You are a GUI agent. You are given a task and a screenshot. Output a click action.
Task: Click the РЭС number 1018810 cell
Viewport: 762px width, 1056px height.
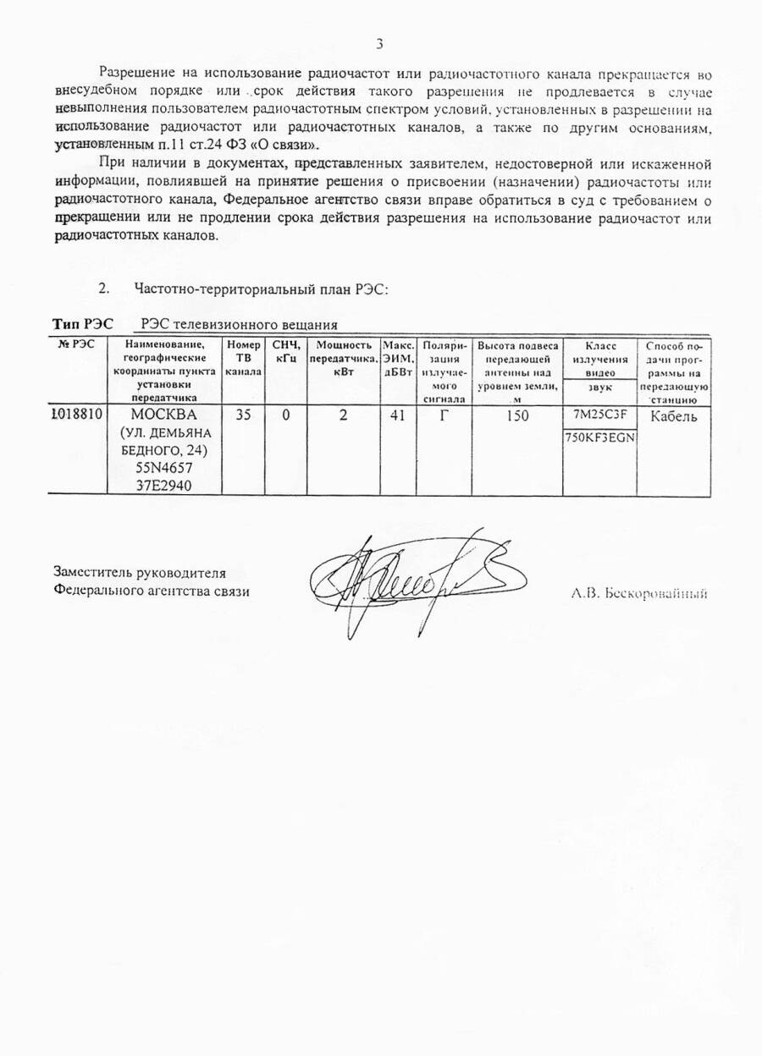pyautogui.click(x=78, y=415)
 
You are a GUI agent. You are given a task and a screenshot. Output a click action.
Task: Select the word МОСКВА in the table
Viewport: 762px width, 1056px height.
pyautogui.click(x=164, y=415)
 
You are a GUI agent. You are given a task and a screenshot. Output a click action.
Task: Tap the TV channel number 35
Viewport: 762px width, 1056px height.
pyautogui.click(x=244, y=415)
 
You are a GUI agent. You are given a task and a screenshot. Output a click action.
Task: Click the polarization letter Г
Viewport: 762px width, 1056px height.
pyautogui.click(x=444, y=415)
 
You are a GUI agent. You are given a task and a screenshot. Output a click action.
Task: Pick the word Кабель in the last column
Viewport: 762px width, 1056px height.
pyautogui.click(x=674, y=416)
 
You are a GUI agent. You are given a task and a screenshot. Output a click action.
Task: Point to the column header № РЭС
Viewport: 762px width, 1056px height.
pyautogui.click(x=77, y=345)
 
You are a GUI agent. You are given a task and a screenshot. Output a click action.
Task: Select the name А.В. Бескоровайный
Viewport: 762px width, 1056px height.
pyautogui.click(x=639, y=593)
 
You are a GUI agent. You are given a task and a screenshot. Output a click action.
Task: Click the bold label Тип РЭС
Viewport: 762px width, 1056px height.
pyautogui.click(x=83, y=324)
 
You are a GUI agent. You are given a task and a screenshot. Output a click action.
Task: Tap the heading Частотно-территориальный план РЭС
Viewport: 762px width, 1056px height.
pyautogui.click(x=261, y=288)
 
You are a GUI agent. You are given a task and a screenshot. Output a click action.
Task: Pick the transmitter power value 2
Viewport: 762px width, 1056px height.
pyautogui.click(x=343, y=415)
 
